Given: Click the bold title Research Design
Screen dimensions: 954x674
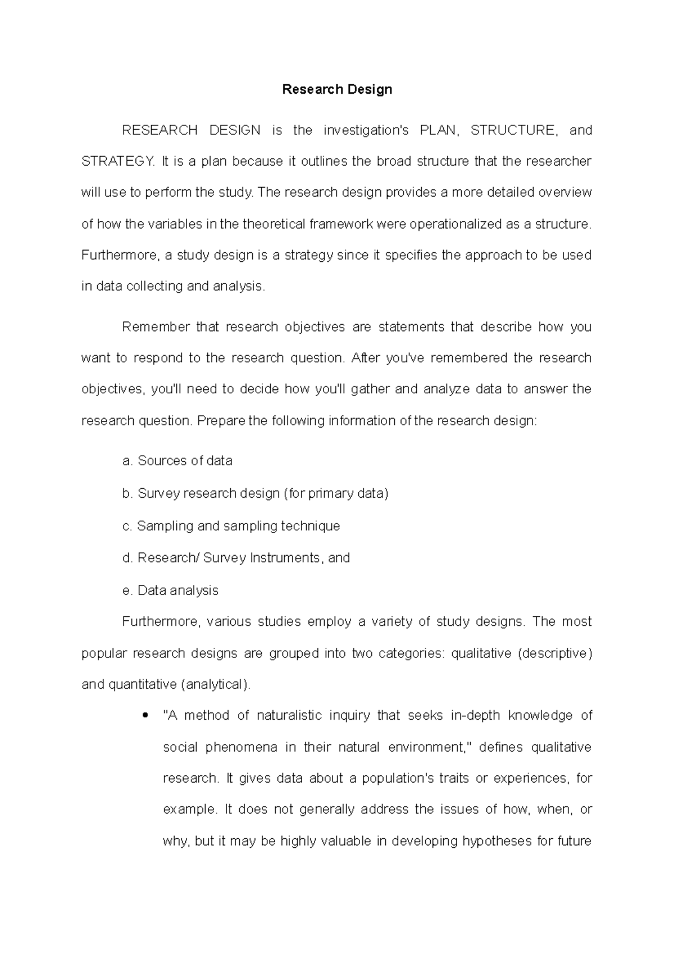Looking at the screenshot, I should tap(336, 89).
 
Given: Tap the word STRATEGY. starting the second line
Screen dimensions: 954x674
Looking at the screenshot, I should tap(117, 162).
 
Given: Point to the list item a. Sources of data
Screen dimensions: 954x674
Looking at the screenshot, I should tap(177, 461).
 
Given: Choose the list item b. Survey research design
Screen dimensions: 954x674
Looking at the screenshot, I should tap(255, 493).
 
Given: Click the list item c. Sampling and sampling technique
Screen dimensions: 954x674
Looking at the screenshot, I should tap(231, 526).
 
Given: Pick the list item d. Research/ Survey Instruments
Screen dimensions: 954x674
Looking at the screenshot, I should tap(236, 558).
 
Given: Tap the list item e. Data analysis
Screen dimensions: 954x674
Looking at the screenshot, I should tap(170, 590).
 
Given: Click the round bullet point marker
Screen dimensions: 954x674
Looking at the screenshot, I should tap(146, 716).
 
